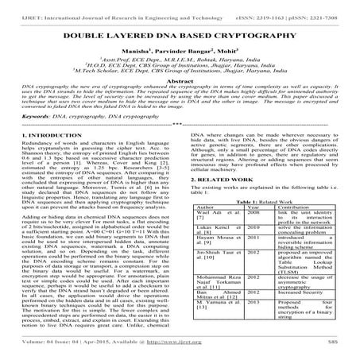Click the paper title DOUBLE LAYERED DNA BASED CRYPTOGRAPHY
(180, 37)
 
